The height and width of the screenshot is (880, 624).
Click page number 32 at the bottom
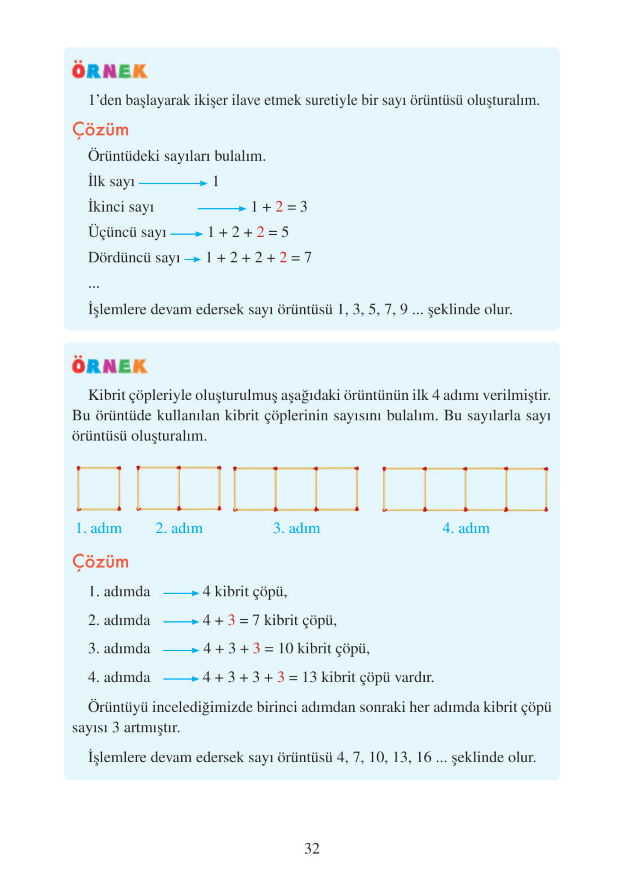pos(311,848)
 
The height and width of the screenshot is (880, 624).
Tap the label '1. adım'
pos(99,528)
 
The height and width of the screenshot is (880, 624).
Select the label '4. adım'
pos(466,528)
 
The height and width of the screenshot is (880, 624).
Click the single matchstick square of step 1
pos(99,489)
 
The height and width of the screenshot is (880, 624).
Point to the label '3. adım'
pos(296,528)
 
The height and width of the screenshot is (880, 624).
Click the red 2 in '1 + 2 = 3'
pos(279,207)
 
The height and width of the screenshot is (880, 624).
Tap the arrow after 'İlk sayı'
pos(173,183)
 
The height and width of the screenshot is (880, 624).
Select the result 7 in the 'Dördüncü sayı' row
pos(307,257)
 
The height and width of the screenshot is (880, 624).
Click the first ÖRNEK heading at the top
pos(109,71)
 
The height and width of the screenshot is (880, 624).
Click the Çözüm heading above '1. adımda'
pos(100,562)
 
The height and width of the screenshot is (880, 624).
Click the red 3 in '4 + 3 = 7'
pos(231,620)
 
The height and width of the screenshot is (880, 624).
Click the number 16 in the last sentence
pos(424,757)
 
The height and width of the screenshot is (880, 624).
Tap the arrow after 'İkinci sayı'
pos(221,209)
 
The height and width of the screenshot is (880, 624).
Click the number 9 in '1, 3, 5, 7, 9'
pos(403,309)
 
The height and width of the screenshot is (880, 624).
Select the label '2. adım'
pos(179,528)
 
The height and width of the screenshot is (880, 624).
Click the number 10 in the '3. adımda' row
pos(285,648)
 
